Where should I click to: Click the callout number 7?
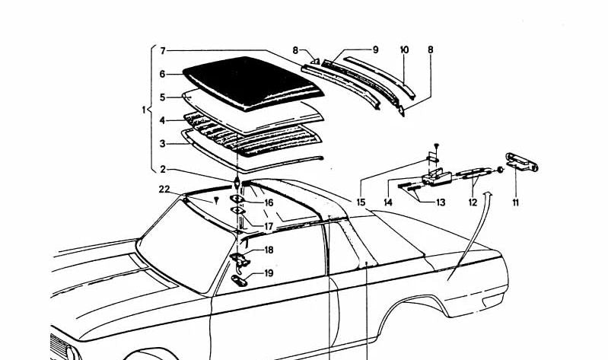tap(163, 51)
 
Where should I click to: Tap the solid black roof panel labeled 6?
tap(253, 82)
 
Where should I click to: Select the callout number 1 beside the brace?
tap(144, 110)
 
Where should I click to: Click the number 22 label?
tap(164, 190)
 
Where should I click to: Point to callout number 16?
tap(269, 203)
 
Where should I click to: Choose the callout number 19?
tap(269, 273)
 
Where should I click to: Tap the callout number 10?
tap(404, 49)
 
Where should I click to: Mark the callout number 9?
tap(375, 49)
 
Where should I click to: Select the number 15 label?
tap(361, 202)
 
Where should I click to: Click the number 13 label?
tap(441, 202)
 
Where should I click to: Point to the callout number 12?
tap(473, 202)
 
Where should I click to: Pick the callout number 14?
tap(388, 202)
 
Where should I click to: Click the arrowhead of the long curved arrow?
tap(489, 193)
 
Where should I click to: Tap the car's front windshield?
tap(186, 244)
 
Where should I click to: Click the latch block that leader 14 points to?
tap(437, 177)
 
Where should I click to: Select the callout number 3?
tap(163, 144)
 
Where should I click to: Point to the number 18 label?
tap(269, 250)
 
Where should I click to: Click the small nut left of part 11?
tap(500, 170)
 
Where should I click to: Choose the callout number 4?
tap(163, 121)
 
